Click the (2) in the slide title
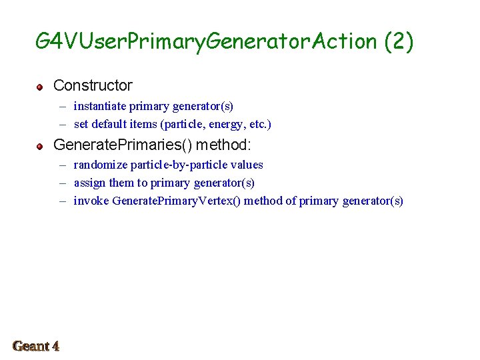click(399, 41)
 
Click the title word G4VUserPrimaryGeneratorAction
click(207, 41)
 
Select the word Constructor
click(93, 85)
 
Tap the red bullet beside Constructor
click(40, 87)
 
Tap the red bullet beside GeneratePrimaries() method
click(40, 145)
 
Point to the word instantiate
click(99, 106)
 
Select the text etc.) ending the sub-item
click(260, 124)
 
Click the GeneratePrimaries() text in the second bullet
click(122, 144)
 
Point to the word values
click(248, 165)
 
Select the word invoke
click(91, 201)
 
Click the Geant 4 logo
click(36, 346)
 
